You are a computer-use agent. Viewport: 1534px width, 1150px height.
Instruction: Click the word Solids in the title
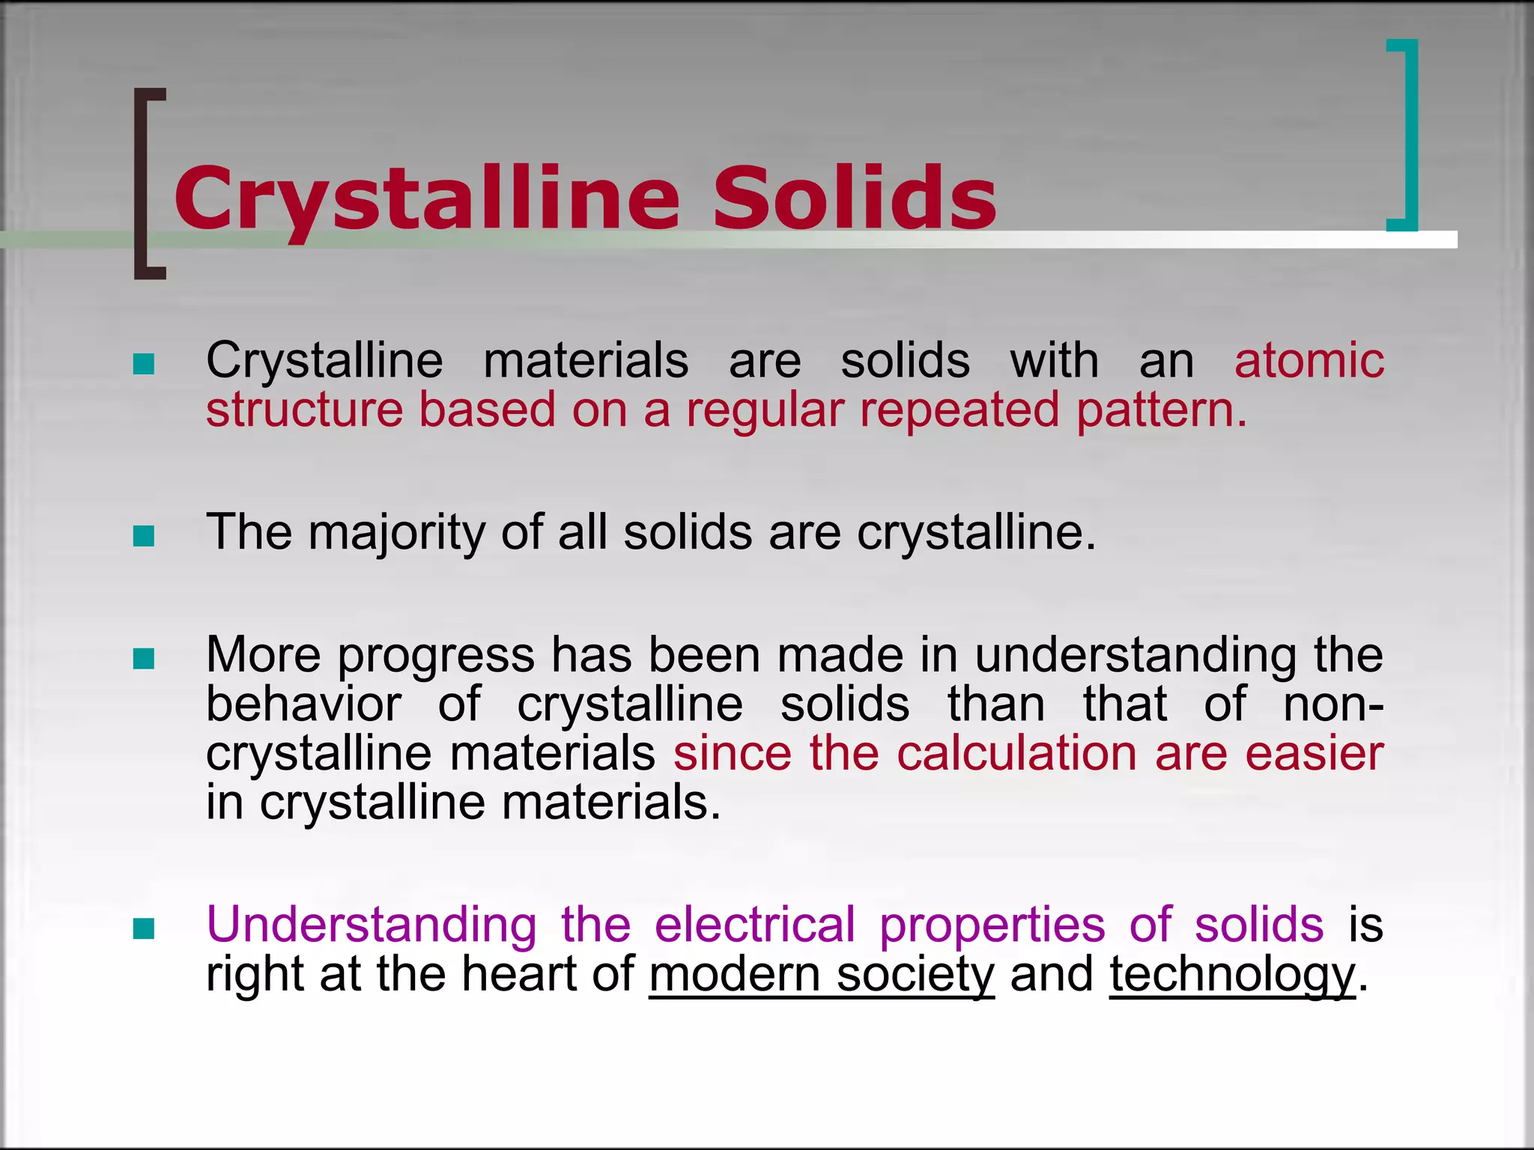tap(854, 198)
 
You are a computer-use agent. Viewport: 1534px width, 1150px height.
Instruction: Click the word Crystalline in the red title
tap(427, 198)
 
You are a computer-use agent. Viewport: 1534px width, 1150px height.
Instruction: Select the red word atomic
tap(1309, 361)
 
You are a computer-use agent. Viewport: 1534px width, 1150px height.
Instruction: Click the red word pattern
tap(1161, 410)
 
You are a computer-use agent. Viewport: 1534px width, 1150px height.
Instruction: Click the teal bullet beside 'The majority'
tap(143, 535)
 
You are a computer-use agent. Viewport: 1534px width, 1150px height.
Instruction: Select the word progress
tap(436, 656)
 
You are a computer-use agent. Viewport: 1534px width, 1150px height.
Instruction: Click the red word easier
tap(1314, 753)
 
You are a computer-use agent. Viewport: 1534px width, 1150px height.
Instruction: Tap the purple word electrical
tap(754, 925)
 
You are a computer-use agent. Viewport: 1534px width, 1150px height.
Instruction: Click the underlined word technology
tap(1232, 976)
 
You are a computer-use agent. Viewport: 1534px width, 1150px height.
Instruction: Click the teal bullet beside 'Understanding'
tap(143, 928)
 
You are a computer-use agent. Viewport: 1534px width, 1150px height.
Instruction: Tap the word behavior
tap(303, 705)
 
